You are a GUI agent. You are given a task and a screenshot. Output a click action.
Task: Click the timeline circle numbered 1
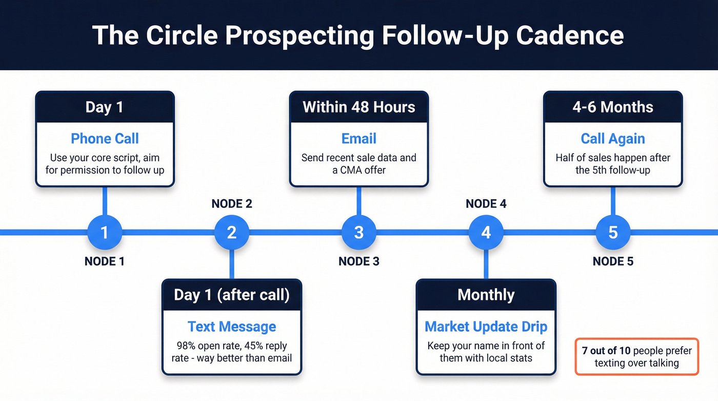point(105,233)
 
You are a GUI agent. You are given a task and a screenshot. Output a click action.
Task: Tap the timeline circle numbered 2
point(232,233)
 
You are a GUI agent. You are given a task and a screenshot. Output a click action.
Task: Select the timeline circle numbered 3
point(359,233)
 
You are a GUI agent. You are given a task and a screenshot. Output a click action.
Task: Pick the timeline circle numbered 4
point(486,233)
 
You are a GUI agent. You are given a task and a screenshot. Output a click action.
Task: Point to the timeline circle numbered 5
point(613,233)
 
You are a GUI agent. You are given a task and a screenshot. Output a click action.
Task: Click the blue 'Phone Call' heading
point(105,139)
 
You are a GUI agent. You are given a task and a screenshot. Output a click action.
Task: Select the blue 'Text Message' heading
point(232,327)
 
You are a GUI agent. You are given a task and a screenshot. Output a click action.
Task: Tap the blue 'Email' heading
point(359,139)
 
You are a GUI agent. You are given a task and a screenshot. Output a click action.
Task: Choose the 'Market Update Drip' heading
point(486,327)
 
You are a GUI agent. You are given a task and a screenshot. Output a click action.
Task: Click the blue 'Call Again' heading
point(613,139)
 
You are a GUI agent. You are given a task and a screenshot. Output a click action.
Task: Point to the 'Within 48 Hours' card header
point(359,107)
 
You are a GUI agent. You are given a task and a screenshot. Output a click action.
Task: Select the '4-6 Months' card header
point(613,107)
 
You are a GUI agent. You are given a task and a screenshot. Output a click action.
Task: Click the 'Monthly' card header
point(486,295)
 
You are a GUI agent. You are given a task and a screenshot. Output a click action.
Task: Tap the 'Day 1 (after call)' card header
point(232,295)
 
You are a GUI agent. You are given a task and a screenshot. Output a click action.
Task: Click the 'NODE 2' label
point(232,204)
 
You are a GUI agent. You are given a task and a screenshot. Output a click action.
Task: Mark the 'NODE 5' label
point(613,261)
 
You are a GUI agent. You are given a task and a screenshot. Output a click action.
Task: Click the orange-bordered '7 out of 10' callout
point(636,357)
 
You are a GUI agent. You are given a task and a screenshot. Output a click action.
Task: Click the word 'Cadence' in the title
point(570,35)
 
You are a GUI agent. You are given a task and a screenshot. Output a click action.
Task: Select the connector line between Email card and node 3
point(359,200)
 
